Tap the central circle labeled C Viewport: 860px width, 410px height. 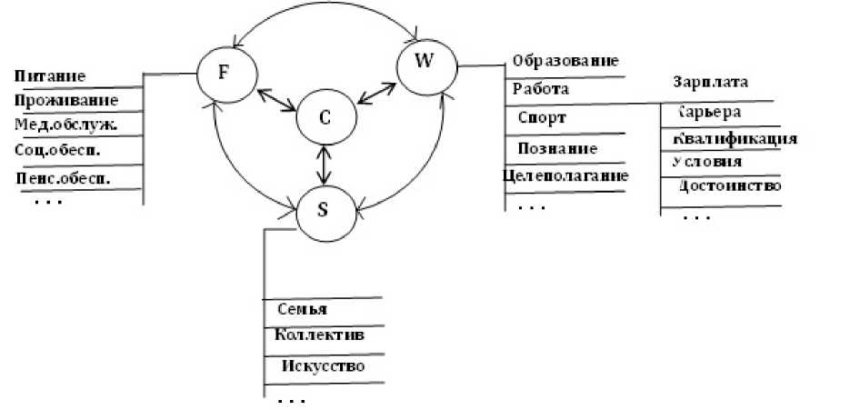coord(325,116)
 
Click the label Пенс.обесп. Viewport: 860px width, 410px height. coord(64,177)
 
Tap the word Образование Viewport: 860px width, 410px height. coord(565,61)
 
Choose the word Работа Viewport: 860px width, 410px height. coord(541,89)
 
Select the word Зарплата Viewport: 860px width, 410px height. coord(711,81)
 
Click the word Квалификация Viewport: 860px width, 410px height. coord(735,139)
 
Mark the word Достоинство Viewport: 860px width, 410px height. coord(731,186)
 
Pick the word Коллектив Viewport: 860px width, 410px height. coord(319,335)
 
